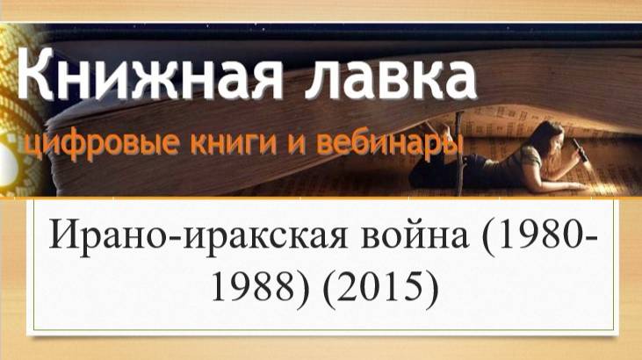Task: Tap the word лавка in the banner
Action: [x=391, y=76]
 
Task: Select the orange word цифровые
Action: [x=103, y=144]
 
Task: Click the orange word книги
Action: [x=234, y=143]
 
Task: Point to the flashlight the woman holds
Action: [x=581, y=150]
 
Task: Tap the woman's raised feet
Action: [x=436, y=129]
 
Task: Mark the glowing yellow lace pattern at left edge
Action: [x=20, y=110]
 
